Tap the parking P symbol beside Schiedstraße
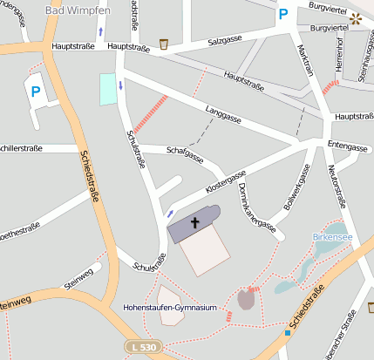pos(36,91)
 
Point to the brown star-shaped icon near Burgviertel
pos(355,17)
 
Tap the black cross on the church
pos(195,223)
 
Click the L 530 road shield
pos(142,347)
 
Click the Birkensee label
pos(330,236)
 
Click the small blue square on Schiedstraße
pos(287,332)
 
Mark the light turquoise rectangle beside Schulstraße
pos(107,90)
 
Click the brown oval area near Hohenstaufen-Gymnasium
pos(247,300)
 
